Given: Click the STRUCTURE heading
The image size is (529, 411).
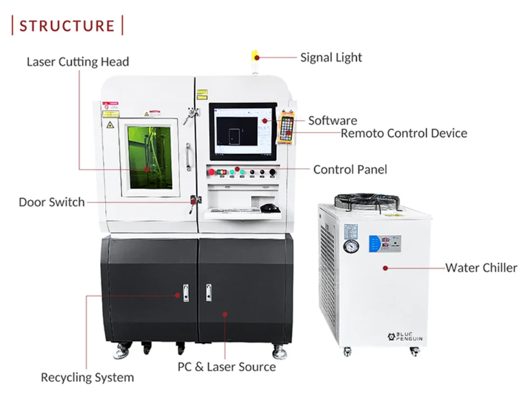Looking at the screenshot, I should click(67, 26).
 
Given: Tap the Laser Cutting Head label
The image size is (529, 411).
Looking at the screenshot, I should click(78, 62).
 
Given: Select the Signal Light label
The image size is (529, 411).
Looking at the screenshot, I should click(331, 57).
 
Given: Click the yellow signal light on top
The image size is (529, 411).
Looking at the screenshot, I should click(255, 55).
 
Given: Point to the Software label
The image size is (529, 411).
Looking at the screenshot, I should click(332, 120).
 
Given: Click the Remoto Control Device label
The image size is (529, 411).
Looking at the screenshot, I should click(404, 133).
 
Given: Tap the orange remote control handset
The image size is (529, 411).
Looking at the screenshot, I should click(287, 127).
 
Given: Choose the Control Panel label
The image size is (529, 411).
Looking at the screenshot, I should click(349, 169).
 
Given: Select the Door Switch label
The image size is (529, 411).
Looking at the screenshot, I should click(51, 202).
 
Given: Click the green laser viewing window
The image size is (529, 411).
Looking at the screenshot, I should click(149, 157).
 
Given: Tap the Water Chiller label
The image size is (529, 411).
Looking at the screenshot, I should click(481, 267).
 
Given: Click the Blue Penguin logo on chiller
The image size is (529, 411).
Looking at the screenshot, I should click(407, 336).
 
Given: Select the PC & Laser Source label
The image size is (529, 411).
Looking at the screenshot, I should click(226, 367).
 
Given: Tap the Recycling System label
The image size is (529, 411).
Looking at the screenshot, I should click(87, 377).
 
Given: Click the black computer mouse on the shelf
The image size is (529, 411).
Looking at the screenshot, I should click(270, 208).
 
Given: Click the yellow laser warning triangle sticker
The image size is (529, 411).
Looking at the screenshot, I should click(110, 125).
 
